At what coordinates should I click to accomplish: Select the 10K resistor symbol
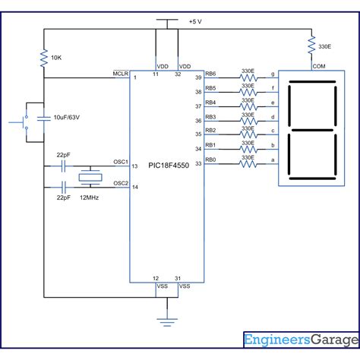tap(44, 58)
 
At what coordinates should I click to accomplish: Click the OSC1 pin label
tap(120, 162)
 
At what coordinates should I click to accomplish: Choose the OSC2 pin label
tap(120, 183)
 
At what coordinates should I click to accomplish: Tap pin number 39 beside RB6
tap(198, 78)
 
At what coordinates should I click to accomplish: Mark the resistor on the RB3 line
tap(248, 119)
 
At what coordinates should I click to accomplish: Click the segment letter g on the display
tap(273, 75)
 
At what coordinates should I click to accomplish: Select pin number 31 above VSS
tap(178, 278)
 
